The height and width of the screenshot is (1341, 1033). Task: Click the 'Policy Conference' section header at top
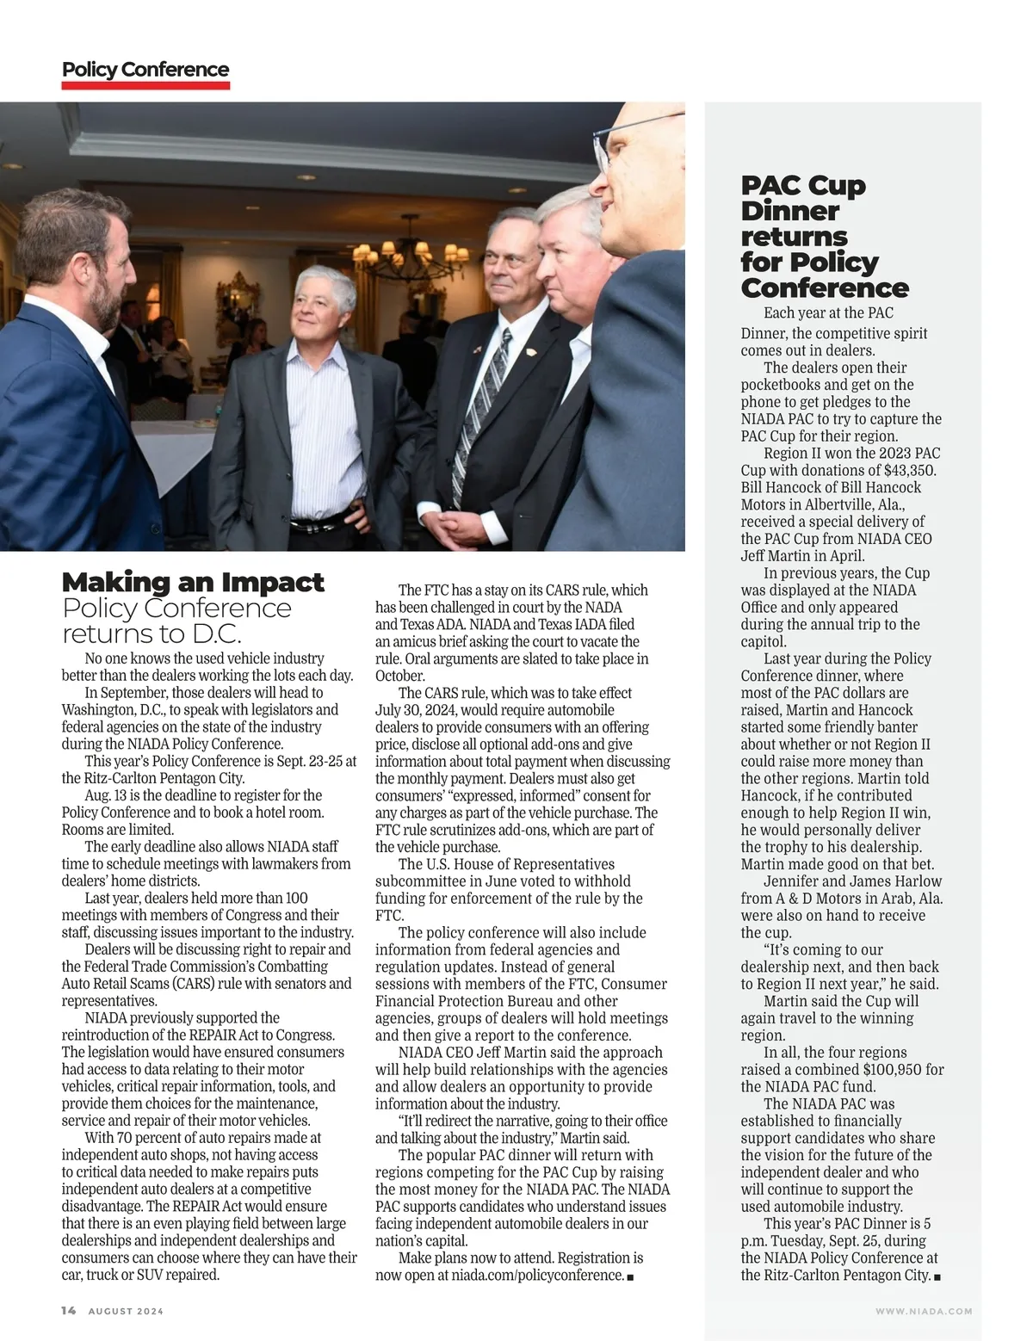[x=145, y=70]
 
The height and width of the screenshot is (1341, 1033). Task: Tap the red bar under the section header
[x=145, y=85]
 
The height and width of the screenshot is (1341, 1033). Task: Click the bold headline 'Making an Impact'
[x=193, y=583]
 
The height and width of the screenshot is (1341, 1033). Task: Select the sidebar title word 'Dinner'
[x=789, y=211]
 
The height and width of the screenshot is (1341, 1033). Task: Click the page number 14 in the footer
[x=69, y=1310]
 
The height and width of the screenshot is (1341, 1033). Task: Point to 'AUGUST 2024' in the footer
[x=126, y=1311]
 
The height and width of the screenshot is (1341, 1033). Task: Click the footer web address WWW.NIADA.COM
[x=924, y=1311]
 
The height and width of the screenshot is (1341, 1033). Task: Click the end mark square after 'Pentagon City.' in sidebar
[x=937, y=1276]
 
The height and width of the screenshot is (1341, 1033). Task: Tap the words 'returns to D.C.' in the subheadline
[x=152, y=634]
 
